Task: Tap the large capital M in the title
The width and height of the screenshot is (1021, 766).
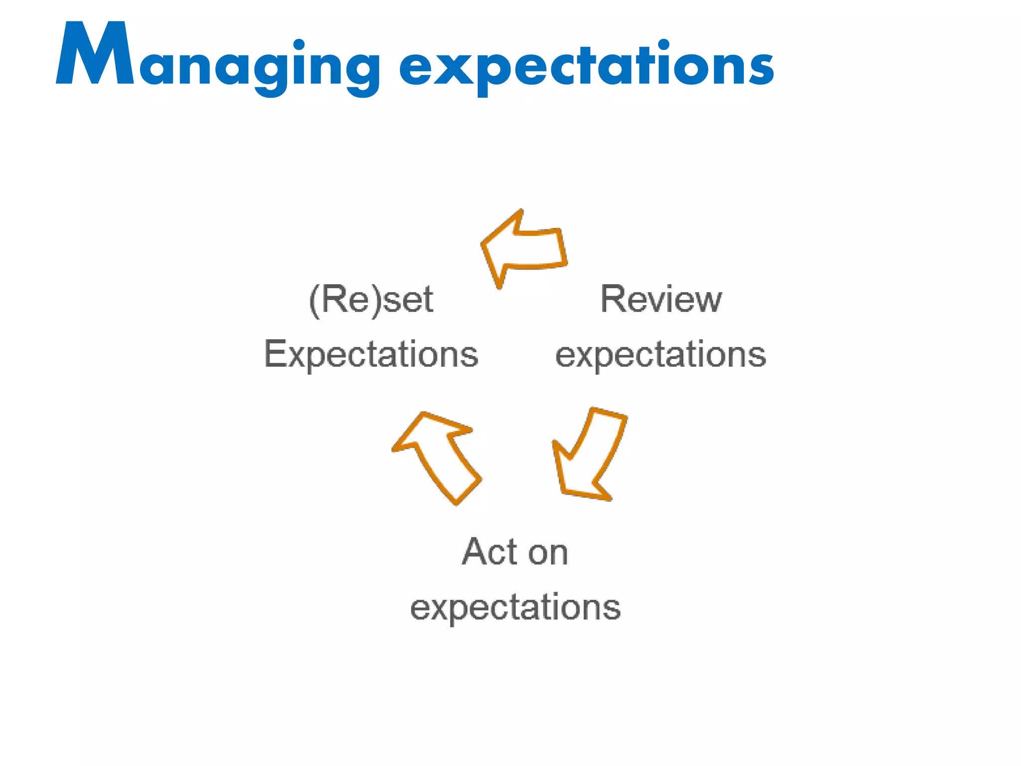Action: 95,54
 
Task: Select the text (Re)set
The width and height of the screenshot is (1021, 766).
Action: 371,300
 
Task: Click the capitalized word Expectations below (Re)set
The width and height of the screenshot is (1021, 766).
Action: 371,355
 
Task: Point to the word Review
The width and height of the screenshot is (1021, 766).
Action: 661,299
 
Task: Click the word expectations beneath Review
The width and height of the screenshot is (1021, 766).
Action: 661,355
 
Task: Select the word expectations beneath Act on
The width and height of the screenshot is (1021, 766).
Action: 515,607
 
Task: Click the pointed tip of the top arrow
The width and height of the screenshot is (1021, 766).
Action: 484,244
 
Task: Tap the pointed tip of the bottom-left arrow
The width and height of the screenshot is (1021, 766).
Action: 424,413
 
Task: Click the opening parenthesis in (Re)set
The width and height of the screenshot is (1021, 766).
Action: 314,301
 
